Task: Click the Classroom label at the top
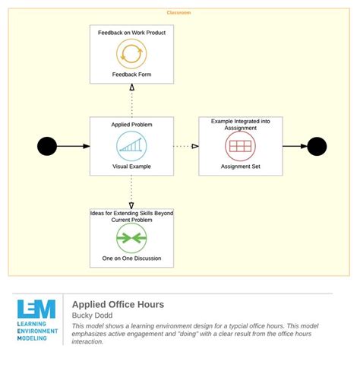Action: [x=178, y=12]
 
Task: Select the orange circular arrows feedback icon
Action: [x=131, y=54]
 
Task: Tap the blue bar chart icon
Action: [x=131, y=146]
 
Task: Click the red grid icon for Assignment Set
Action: [x=241, y=146]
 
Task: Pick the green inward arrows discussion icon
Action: [x=131, y=238]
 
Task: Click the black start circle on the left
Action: [x=47, y=146]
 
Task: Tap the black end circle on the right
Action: [x=317, y=146]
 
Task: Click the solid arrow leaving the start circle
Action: [x=74, y=146]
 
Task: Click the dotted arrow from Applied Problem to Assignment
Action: [x=186, y=146]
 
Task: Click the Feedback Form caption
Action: [x=131, y=75]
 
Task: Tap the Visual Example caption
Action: [x=131, y=167]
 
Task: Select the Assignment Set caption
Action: [x=241, y=167]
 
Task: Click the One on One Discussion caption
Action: [x=131, y=259]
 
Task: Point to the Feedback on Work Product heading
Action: [x=131, y=33]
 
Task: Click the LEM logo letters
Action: [x=36, y=309]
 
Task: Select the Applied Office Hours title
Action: [x=118, y=304]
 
